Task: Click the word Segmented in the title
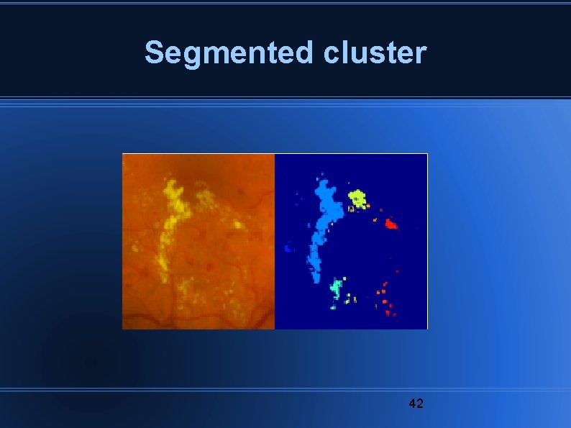tap(229, 53)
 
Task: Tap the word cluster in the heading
tap(375, 53)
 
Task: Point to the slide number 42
tap(416, 403)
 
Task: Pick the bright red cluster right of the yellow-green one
tap(390, 224)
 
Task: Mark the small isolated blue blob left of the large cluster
tap(288, 248)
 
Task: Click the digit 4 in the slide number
tap(412, 403)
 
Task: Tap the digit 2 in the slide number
tap(420, 403)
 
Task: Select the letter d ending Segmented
tap(304, 53)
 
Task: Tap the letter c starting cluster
tap(333, 55)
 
